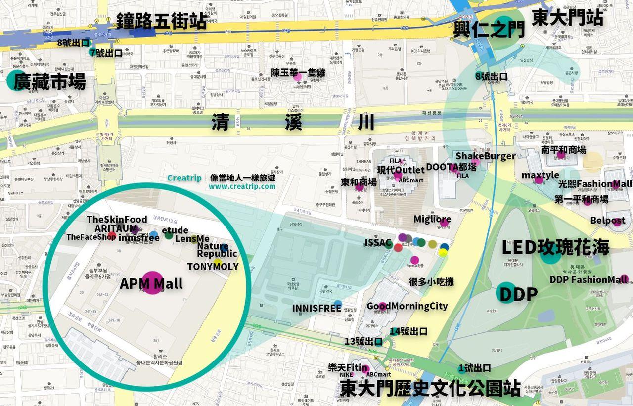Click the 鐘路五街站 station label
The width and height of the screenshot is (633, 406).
161,21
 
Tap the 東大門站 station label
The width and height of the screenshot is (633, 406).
567,18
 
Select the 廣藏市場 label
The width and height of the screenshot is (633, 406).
49,82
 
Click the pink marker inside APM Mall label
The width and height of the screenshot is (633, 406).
152,283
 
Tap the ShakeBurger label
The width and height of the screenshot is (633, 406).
485,156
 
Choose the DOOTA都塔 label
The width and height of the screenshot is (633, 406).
451,167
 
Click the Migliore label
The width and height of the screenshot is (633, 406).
432,219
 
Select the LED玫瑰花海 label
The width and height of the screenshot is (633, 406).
555,247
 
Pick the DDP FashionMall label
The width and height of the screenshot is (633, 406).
588,279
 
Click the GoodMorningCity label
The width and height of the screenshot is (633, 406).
407,306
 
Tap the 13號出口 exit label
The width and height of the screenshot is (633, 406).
363,341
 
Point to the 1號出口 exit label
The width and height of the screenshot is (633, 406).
474,368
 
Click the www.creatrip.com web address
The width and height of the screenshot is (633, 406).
242,187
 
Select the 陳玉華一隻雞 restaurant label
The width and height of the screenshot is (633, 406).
298,73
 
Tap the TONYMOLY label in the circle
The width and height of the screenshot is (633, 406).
213,267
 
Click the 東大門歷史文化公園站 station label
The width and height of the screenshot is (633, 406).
430,388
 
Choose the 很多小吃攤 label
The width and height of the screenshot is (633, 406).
431,282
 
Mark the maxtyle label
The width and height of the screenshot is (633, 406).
540,175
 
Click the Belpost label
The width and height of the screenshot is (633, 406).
607,220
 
